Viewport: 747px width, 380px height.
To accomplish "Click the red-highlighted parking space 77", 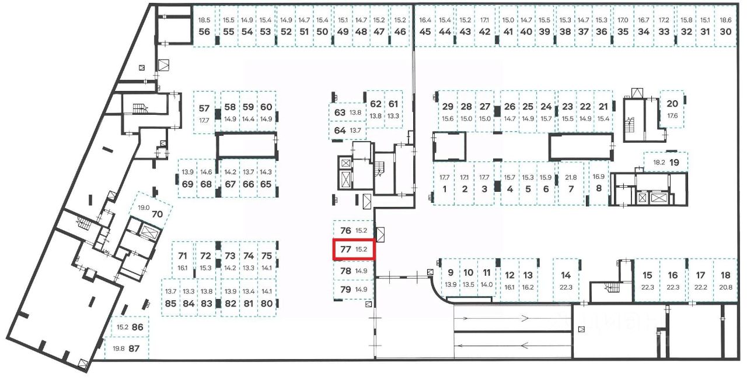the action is click(353, 249).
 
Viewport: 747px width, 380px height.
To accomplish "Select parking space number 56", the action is click(204, 31).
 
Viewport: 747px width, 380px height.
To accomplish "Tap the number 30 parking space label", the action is click(725, 31).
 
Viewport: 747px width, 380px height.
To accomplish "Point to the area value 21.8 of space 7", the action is click(571, 177).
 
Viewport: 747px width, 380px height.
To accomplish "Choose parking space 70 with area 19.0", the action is click(157, 213).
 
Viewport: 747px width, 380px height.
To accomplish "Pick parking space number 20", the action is click(672, 104).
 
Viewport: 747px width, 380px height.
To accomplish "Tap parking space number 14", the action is click(566, 275).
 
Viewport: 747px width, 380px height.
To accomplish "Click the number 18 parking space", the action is click(725, 275).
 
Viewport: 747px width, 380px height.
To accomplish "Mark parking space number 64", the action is click(340, 131).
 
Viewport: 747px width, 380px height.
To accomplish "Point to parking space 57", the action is click(204, 108).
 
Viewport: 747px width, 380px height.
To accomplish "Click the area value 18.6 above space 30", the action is click(725, 20).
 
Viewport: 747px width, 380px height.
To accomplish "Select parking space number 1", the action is click(444, 189).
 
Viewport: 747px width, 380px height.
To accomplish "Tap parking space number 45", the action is click(425, 31).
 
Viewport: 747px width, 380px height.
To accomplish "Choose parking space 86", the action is click(137, 327).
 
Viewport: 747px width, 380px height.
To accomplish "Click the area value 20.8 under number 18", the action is click(725, 287).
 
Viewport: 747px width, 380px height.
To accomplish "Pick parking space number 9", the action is click(451, 272).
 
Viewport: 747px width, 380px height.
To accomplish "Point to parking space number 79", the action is click(345, 289).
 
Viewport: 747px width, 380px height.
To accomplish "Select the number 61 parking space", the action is click(393, 104).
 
